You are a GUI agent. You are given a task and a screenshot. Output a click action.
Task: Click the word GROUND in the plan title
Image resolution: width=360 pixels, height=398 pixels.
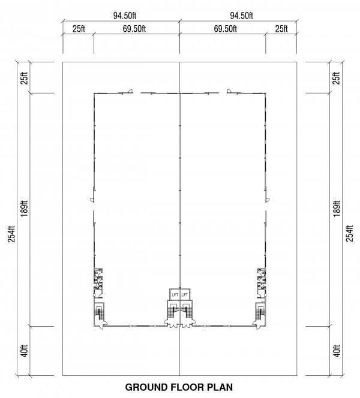pyautogui.click(x=147, y=387)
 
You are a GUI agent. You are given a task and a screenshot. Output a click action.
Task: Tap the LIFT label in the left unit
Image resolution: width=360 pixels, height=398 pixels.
pyautogui.click(x=175, y=295)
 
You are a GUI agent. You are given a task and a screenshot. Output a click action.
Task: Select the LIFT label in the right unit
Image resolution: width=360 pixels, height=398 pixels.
pyautogui.click(x=185, y=295)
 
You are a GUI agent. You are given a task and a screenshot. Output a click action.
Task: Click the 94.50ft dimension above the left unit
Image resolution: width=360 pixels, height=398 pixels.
pyautogui.click(x=125, y=16)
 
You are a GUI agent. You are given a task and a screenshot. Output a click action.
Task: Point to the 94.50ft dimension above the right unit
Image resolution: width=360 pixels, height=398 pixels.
pyautogui.click(x=241, y=16)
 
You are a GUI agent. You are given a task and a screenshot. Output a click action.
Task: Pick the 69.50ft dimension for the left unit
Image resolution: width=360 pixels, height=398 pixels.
pyautogui.click(x=134, y=29)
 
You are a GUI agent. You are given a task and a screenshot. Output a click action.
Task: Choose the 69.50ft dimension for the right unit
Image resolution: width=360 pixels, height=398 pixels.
pyautogui.click(x=226, y=29)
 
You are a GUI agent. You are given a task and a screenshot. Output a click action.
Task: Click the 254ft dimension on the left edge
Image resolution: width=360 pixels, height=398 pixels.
pyautogui.click(x=12, y=234)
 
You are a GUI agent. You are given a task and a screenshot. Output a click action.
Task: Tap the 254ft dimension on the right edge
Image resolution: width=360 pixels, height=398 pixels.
pyautogui.click(x=350, y=234)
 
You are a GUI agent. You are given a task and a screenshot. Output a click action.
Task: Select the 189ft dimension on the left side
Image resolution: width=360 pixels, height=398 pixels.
pyautogui.click(x=25, y=209)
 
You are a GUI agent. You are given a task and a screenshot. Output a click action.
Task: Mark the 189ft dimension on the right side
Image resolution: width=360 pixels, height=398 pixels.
pyautogui.click(x=337, y=209)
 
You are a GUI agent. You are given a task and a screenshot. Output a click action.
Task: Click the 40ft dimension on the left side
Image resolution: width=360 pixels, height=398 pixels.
pyautogui.click(x=25, y=351)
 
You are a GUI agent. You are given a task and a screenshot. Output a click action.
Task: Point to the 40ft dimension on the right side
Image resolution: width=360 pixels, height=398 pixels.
pyautogui.click(x=337, y=351)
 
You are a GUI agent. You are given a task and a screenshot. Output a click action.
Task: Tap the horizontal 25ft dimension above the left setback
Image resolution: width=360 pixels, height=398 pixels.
pyautogui.click(x=79, y=29)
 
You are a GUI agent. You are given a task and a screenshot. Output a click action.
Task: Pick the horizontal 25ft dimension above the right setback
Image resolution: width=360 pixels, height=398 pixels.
pyautogui.click(x=281, y=29)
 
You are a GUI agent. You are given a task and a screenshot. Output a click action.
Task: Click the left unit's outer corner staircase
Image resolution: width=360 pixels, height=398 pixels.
pyautogui.click(x=99, y=313)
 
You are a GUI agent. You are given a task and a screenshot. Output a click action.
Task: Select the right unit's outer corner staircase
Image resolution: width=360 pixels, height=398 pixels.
pyautogui.click(x=260, y=313)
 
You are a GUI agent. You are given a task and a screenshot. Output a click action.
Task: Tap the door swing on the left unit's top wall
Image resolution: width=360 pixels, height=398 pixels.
pyautogui.click(x=130, y=91)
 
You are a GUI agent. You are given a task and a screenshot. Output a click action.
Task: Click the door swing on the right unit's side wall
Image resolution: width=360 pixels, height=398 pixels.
pyautogui.click(x=268, y=200)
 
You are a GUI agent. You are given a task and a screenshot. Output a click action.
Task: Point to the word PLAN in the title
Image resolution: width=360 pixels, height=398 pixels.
pyautogui.click(x=220, y=387)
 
